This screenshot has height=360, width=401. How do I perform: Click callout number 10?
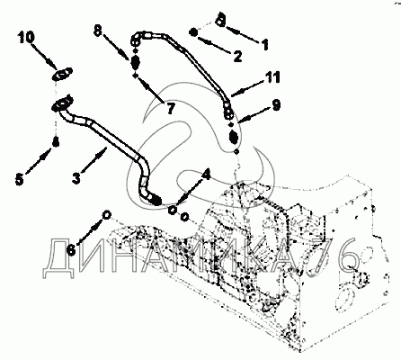coord(26,37)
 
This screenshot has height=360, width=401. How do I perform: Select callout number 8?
coord(98,31)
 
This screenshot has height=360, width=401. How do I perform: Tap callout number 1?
coord(264,44)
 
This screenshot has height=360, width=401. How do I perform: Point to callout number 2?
coord(237,56)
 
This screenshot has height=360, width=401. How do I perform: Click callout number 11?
coord(272,77)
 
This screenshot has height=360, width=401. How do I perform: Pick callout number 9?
coord(276,105)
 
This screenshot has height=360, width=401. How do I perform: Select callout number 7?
coord(171,108)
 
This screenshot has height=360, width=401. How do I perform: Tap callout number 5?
coord(19,180)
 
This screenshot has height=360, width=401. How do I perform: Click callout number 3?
coord(76,178)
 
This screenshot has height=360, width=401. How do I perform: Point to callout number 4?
coord(206,175)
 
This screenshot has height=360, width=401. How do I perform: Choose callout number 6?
coord(71,249)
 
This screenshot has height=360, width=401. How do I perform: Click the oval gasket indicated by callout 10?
coord(62,74)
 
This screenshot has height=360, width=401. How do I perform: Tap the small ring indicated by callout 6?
coord(107,214)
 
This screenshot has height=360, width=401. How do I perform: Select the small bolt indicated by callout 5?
coord(56,142)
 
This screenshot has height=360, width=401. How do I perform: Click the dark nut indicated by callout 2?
coord(194,32)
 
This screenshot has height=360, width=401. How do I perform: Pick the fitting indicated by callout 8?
coord(135,62)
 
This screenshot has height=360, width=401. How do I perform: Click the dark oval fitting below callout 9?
coord(233,138)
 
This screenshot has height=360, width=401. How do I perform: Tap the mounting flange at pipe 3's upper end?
coord(62,104)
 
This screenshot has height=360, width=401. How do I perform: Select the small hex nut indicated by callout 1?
coord(221,22)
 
